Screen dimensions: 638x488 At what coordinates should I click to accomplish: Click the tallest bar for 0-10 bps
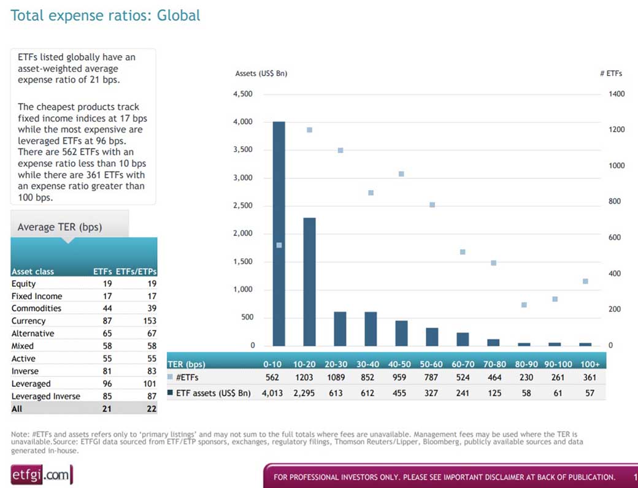pos(279,234)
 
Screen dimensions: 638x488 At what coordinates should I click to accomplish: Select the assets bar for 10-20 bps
pos(309,282)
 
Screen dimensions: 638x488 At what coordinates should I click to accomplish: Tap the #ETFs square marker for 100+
pos(585,281)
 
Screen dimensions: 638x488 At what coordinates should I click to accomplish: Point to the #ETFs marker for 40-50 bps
pos(401,174)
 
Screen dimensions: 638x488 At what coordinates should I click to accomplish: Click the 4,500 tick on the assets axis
pos(243,94)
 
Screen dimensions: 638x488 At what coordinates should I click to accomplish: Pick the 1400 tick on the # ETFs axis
pos(617,94)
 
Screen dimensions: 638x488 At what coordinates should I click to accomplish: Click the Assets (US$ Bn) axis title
pos(261,74)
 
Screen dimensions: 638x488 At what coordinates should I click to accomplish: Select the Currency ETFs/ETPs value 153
pos(150,321)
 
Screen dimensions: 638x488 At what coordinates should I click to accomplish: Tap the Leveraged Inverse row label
pos(45,396)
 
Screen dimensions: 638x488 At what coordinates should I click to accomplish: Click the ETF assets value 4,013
pos(272,393)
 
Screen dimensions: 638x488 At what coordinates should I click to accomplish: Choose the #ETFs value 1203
pos(304,378)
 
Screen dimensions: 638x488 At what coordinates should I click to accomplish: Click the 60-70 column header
pos(463,364)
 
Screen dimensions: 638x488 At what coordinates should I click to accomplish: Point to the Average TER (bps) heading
pos(60,227)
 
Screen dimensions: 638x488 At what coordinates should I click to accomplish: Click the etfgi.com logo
pos(42,475)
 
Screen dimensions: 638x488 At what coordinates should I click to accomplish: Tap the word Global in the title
pos(179,15)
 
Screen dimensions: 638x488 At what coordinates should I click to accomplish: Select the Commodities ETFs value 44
pos(107,308)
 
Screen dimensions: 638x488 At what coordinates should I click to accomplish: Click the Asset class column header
pos(33,272)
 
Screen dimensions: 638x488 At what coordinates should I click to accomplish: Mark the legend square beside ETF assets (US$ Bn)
pos(170,393)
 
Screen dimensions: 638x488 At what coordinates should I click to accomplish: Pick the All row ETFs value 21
pos(107,409)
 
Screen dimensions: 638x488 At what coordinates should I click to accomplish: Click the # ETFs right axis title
pos(611,74)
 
